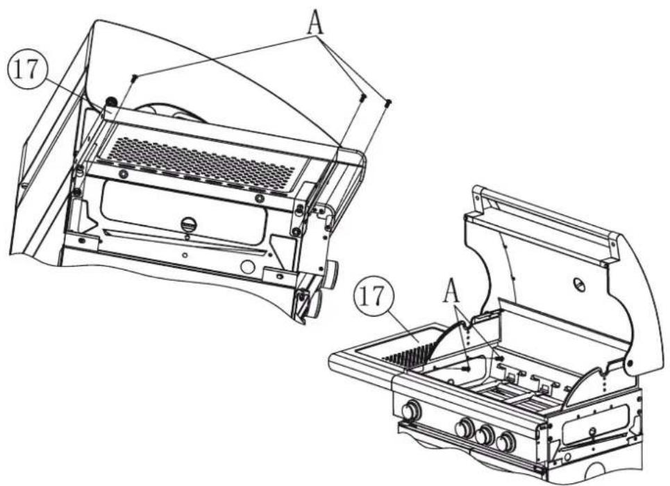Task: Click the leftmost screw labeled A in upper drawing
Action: click(135, 78)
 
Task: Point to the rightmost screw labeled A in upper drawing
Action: click(387, 103)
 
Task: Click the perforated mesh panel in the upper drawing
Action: click(201, 162)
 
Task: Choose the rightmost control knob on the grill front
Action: click(506, 442)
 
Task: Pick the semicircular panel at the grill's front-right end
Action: click(590, 385)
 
